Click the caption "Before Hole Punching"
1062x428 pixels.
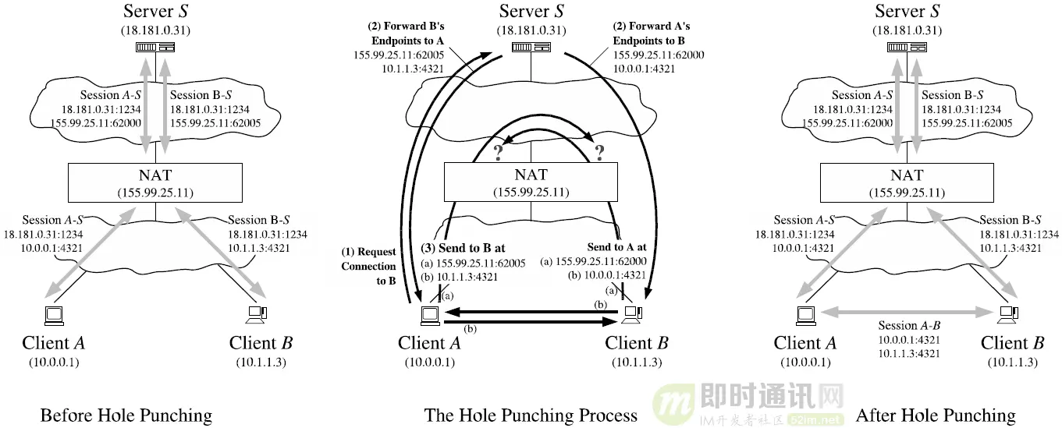[126, 415]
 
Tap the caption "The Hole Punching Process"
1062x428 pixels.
[531, 415]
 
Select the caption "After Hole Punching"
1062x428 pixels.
[936, 415]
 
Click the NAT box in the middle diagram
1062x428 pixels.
[531, 182]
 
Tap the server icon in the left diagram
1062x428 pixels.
[155, 48]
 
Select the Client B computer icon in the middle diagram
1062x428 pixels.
[633, 314]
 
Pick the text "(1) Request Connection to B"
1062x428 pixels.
[368, 267]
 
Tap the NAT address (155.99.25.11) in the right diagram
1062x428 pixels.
[907, 193]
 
